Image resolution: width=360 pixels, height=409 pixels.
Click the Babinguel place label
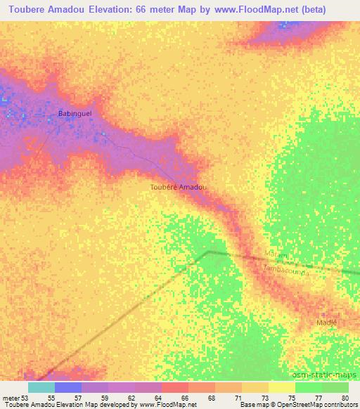(75, 112)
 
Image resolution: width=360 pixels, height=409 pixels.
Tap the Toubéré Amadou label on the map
(179, 187)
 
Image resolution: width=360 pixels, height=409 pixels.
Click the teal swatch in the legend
(41, 387)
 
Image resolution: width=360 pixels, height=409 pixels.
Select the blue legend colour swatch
(68, 387)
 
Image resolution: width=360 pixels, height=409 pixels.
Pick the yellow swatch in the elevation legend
(281, 387)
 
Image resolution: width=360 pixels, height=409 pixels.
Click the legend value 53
(26, 398)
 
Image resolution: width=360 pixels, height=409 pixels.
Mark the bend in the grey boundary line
(208, 251)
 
